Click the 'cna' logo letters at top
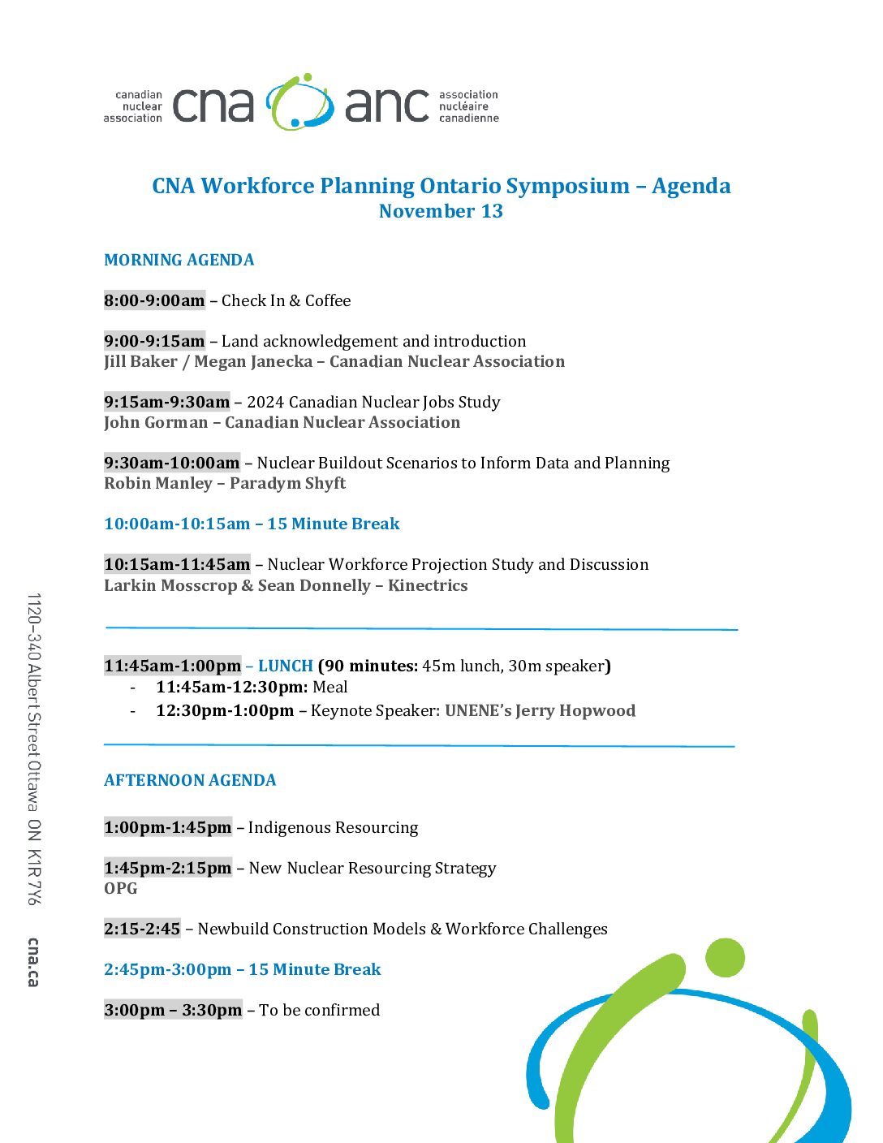click(x=213, y=106)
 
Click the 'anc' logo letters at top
click(x=386, y=106)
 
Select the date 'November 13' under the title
click(x=441, y=211)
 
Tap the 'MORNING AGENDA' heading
click(x=179, y=260)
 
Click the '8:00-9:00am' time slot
click(x=154, y=300)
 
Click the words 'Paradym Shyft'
click(x=287, y=483)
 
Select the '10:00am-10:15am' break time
click(x=177, y=524)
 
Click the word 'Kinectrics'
click(x=428, y=585)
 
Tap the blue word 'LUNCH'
click(x=286, y=666)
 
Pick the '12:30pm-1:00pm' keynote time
click(x=225, y=710)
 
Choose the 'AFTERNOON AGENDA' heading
click(x=190, y=780)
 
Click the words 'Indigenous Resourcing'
click(x=333, y=827)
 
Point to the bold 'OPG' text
click(x=121, y=888)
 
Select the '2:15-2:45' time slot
click(x=142, y=929)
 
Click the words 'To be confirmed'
click(x=319, y=1010)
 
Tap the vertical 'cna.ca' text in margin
click(x=32, y=962)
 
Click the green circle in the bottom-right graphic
click(x=725, y=958)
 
